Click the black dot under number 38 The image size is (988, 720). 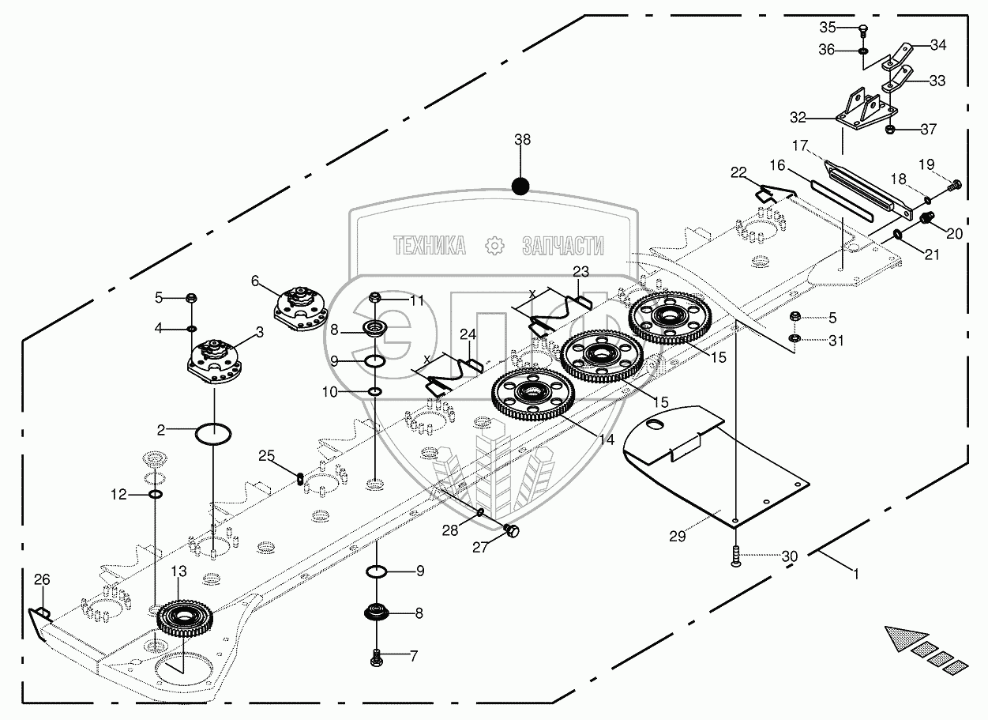coord(520,187)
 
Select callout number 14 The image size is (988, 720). coord(605,441)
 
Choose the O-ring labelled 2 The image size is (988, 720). coord(213,434)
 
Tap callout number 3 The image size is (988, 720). coord(260,334)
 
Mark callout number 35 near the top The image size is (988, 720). coord(827,27)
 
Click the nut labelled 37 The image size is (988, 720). coord(889,129)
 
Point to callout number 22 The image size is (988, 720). coord(738,173)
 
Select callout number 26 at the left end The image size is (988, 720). coord(41,580)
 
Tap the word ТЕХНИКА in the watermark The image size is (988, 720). coord(428,246)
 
